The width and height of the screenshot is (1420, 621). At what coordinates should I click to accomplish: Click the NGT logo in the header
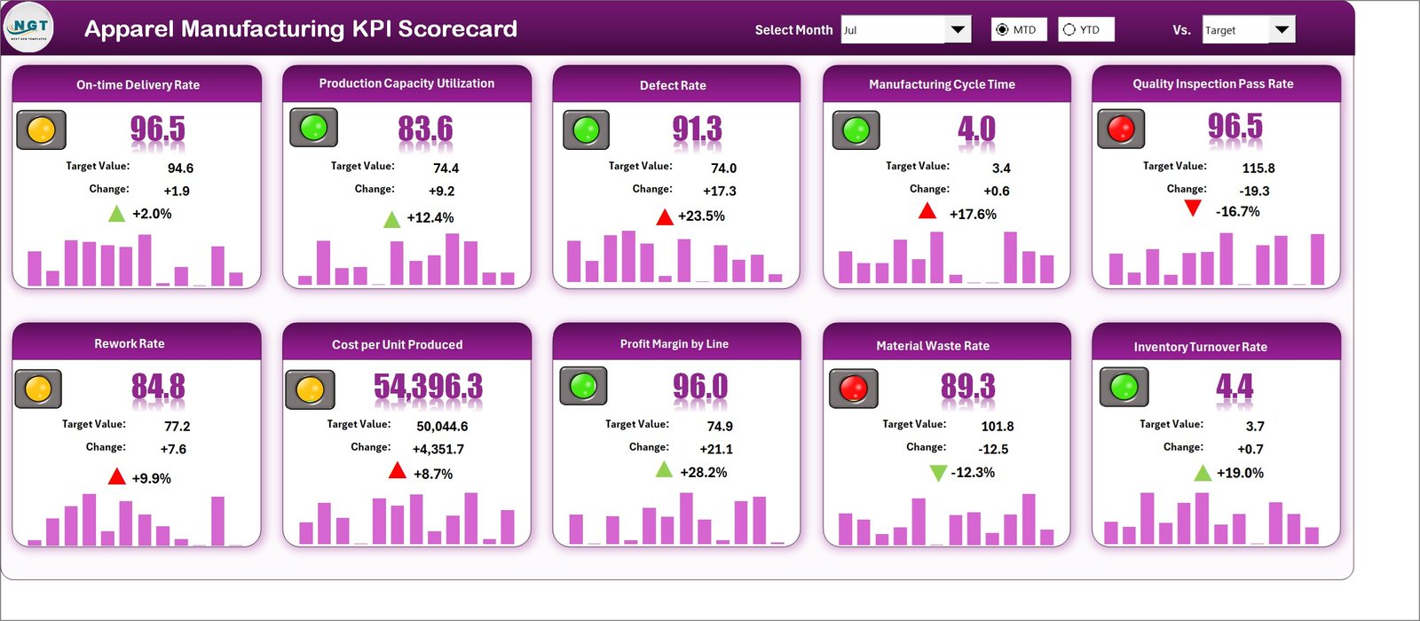[x=29, y=28]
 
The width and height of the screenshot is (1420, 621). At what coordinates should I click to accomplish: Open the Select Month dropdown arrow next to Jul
[x=958, y=29]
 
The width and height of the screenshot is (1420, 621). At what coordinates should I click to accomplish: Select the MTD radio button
[x=1003, y=29]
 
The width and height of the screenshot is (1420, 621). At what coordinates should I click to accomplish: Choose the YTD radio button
[x=1069, y=29]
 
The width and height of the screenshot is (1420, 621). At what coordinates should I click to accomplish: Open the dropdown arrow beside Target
[x=1282, y=29]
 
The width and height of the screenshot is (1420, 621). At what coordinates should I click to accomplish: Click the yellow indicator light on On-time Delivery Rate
[x=41, y=130]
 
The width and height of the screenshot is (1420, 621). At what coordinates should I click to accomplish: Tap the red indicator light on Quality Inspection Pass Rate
[x=1121, y=130]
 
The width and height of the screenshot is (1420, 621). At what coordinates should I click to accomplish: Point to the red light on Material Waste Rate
[x=853, y=388]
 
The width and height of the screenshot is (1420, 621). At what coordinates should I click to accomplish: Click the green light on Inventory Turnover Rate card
[x=1124, y=387]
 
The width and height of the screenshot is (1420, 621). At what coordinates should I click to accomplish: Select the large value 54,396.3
[x=428, y=387]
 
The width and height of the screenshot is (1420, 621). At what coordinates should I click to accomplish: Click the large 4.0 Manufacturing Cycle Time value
[x=976, y=130]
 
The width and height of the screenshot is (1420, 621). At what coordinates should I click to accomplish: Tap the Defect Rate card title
[x=673, y=85]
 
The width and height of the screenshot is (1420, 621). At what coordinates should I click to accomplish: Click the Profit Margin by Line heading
[x=674, y=344]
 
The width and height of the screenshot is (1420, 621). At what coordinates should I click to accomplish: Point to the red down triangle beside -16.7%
[x=1193, y=208]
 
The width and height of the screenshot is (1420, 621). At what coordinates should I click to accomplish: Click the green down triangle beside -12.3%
[x=937, y=473]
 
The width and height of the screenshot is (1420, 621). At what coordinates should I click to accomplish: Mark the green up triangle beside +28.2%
[x=664, y=469]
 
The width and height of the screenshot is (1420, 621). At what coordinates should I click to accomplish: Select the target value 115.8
[x=1258, y=168]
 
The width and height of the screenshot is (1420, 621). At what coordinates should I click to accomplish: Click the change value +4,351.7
[x=438, y=449]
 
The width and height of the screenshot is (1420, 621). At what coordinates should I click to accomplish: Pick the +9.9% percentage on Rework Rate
[x=152, y=478]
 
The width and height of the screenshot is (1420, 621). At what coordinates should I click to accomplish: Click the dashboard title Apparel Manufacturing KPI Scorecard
[x=301, y=29]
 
